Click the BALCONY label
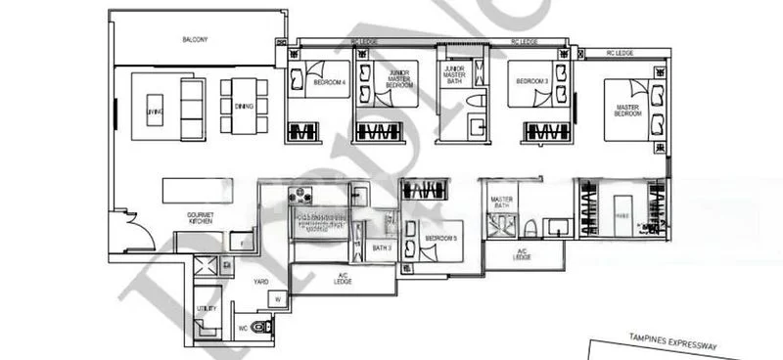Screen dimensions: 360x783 tap(196, 40)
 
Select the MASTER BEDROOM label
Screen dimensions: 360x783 tap(627, 111)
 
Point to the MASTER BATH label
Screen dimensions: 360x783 tap(502, 203)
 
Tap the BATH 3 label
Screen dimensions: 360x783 tap(382, 247)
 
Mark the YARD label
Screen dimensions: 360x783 tap(261, 282)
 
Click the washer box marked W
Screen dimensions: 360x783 tap(278, 299)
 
